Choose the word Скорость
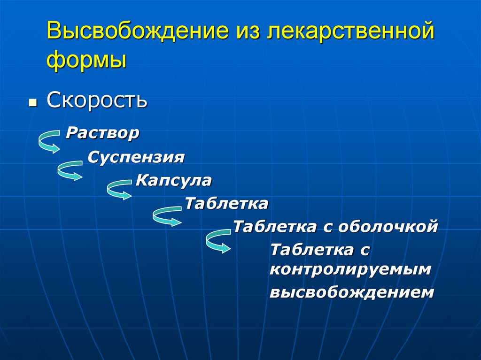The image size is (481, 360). click(x=97, y=100)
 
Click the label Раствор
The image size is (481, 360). click(x=103, y=133)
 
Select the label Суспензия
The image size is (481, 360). click(x=136, y=157)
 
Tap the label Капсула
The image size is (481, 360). click(x=174, y=180)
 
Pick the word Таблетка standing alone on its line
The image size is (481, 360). click(x=226, y=204)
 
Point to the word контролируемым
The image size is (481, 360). click(x=350, y=269)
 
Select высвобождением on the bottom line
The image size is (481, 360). click(x=352, y=292)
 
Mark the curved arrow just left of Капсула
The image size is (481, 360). click(x=119, y=189)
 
